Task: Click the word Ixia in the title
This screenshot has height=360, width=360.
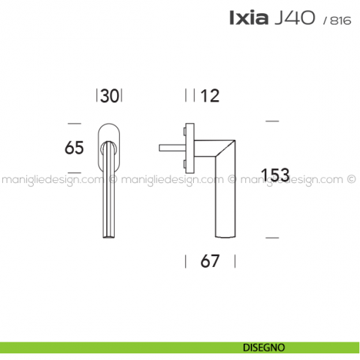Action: (x=249, y=18)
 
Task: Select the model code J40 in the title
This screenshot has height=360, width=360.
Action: (x=295, y=18)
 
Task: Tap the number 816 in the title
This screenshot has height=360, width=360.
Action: (x=340, y=20)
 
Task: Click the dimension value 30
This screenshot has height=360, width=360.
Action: (x=110, y=96)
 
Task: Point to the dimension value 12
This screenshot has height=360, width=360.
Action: (x=210, y=96)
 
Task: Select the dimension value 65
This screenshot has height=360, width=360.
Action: (x=74, y=148)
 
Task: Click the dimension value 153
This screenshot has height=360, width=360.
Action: (x=275, y=175)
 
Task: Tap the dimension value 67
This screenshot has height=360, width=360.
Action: (x=210, y=261)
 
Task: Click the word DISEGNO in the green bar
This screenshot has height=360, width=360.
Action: (x=264, y=348)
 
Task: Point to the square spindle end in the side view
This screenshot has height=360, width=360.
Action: (x=160, y=148)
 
